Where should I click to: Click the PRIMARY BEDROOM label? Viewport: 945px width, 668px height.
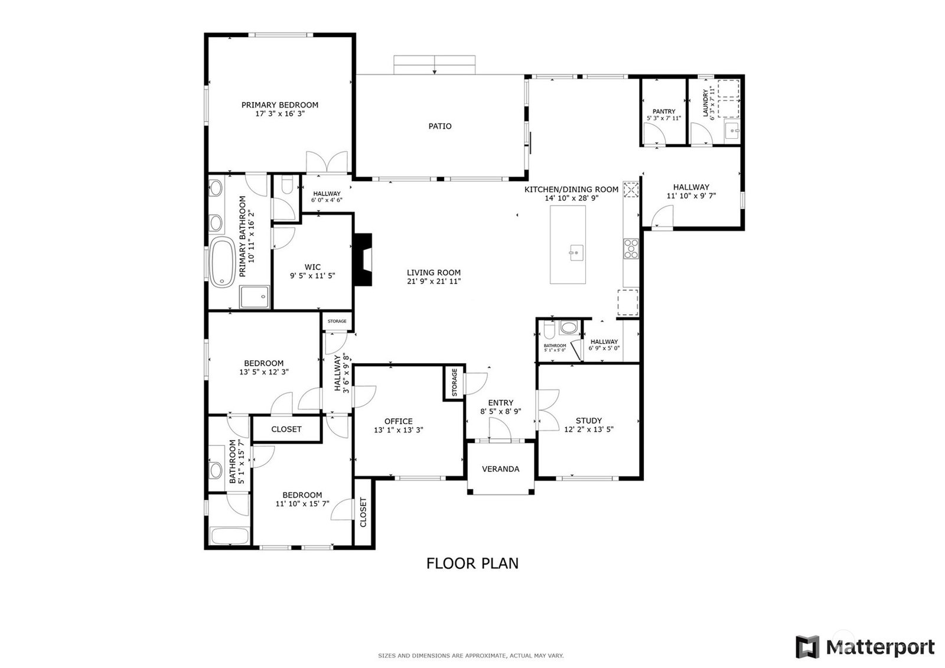coord(280,105)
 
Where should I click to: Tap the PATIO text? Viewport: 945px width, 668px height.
coord(440,126)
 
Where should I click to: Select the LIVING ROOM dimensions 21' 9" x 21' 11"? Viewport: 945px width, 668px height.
coord(434,282)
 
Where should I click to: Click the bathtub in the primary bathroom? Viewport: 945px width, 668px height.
coord(222,262)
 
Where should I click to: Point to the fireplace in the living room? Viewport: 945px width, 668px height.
coord(363,260)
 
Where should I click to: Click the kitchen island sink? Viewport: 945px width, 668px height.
coord(576,252)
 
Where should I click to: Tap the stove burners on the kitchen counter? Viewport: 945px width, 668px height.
coord(631,249)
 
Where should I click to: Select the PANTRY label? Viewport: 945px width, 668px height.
coord(664,112)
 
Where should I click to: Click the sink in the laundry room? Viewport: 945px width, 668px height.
coord(732,131)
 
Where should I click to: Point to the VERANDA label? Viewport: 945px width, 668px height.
coord(501,469)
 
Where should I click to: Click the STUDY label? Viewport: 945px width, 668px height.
coord(589,421)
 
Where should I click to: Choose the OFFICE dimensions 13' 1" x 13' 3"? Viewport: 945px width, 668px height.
coord(398,430)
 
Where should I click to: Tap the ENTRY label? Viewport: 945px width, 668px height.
coord(501,403)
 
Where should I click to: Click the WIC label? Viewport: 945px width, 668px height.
coord(312,267)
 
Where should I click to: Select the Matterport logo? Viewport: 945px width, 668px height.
coord(865,647)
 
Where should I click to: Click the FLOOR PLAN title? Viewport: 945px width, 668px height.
coord(472,563)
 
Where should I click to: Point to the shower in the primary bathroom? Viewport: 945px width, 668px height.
coord(255,297)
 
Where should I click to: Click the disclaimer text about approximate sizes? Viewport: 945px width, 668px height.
coord(471,656)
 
